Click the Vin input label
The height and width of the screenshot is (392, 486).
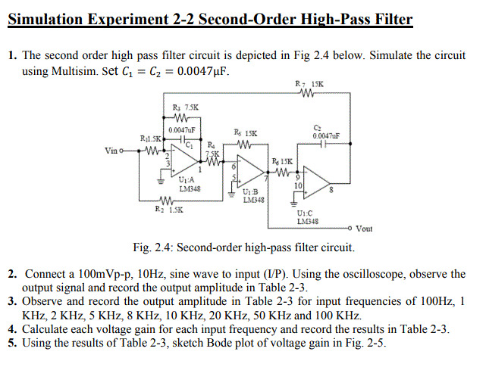pos(111,151)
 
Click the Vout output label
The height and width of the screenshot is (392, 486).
pos(365,229)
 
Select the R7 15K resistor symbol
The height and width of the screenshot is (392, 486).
pos(307,94)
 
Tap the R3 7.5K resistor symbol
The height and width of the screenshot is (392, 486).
pos(181,117)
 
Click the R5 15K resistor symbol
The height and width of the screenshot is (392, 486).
pos(245,143)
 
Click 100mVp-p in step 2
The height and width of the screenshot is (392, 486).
pos(103,274)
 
